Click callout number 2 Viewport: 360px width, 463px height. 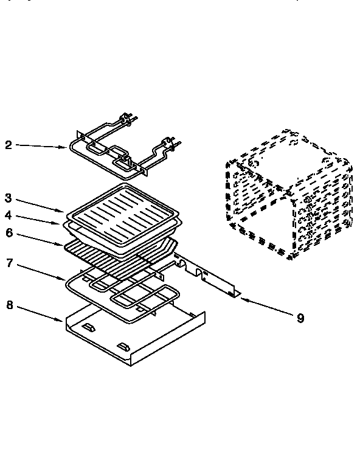point(8,145)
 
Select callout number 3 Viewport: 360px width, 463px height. point(8,198)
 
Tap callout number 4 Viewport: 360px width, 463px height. point(8,215)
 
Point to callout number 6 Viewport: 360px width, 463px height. point(8,232)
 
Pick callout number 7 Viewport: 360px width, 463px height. point(8,263)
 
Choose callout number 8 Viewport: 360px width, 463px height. point(8,305)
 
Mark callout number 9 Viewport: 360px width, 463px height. point(300,318)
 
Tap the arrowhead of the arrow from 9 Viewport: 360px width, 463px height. point(240,298)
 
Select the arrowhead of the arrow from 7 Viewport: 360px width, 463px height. point(66,279)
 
